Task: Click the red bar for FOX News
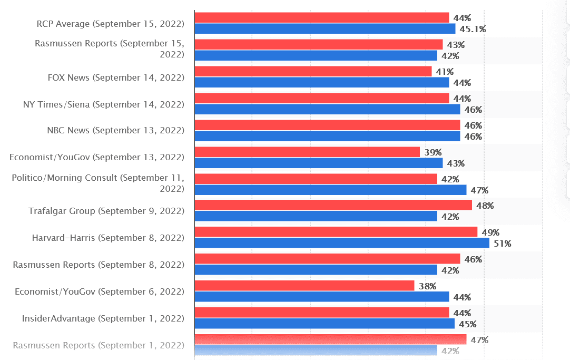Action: tap(313, 72)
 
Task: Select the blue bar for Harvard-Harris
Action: tap(342, 243)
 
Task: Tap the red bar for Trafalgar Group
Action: tap(333, 206)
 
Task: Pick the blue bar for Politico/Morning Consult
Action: tap(330, 190)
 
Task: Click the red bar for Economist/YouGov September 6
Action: tap(304, 286)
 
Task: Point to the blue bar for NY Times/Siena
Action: tap(327, 109)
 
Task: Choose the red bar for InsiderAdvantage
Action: tap(321, 313)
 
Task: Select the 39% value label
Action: tap(433, 152)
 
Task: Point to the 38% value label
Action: tap(427, 286)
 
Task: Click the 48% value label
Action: tap(485, 206)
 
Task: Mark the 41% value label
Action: tap(445, 72)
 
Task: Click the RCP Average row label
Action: tap(110, 24)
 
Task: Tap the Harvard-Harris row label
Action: tap(108, 238)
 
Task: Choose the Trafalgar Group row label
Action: tap(106, 211)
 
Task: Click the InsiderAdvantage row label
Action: tap(103, 318)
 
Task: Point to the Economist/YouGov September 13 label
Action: tap(97, 157)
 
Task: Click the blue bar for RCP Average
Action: tap(325, 29)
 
